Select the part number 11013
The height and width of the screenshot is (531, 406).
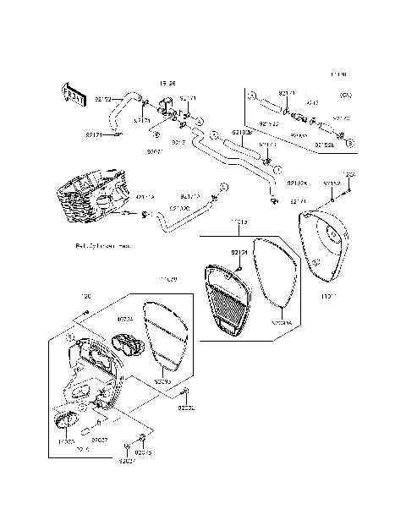point(239,222)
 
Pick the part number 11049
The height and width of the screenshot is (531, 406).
point(168,279)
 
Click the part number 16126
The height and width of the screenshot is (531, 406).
point(168,84)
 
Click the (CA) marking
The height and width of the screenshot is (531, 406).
point(345,94)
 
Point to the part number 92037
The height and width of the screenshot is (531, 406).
point(99,441)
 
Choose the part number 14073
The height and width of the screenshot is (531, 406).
point(66,441)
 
